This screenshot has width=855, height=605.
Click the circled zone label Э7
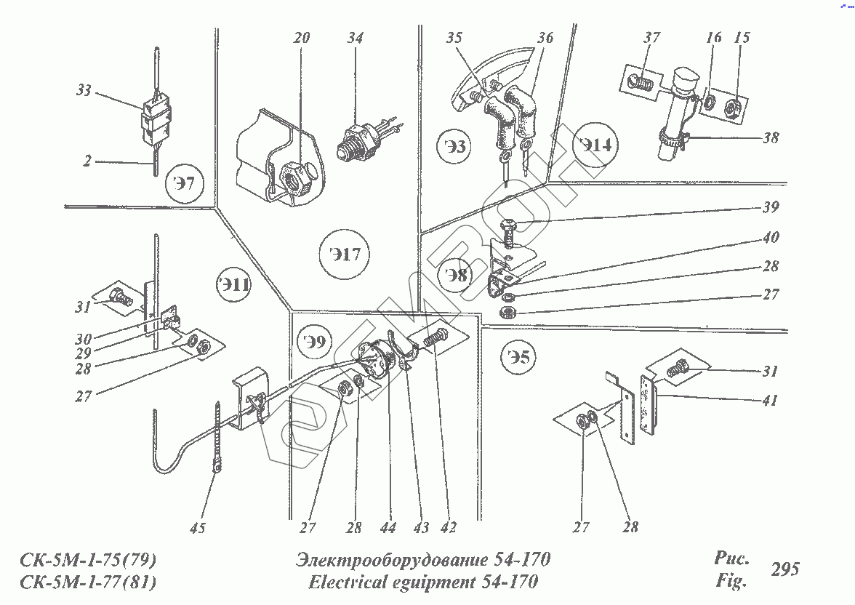[x=185, y=183]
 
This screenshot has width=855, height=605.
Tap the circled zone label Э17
[x=344, y=255]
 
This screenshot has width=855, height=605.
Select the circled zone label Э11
[x=233, y=285]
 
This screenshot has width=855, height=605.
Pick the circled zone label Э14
[x=596, y=145]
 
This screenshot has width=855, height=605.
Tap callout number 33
[x=84, y=91]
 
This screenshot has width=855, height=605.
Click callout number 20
[x=301, y=38]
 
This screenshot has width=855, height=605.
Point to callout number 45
[x=197, y=528]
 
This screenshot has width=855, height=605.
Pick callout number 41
[x=770, y=400]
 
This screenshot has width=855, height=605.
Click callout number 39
[x=770, y=207]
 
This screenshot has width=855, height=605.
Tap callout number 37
[x=651, y=38]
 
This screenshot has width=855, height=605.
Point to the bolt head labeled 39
[x=510, y=226]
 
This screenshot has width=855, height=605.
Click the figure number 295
[x=784, y=569]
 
